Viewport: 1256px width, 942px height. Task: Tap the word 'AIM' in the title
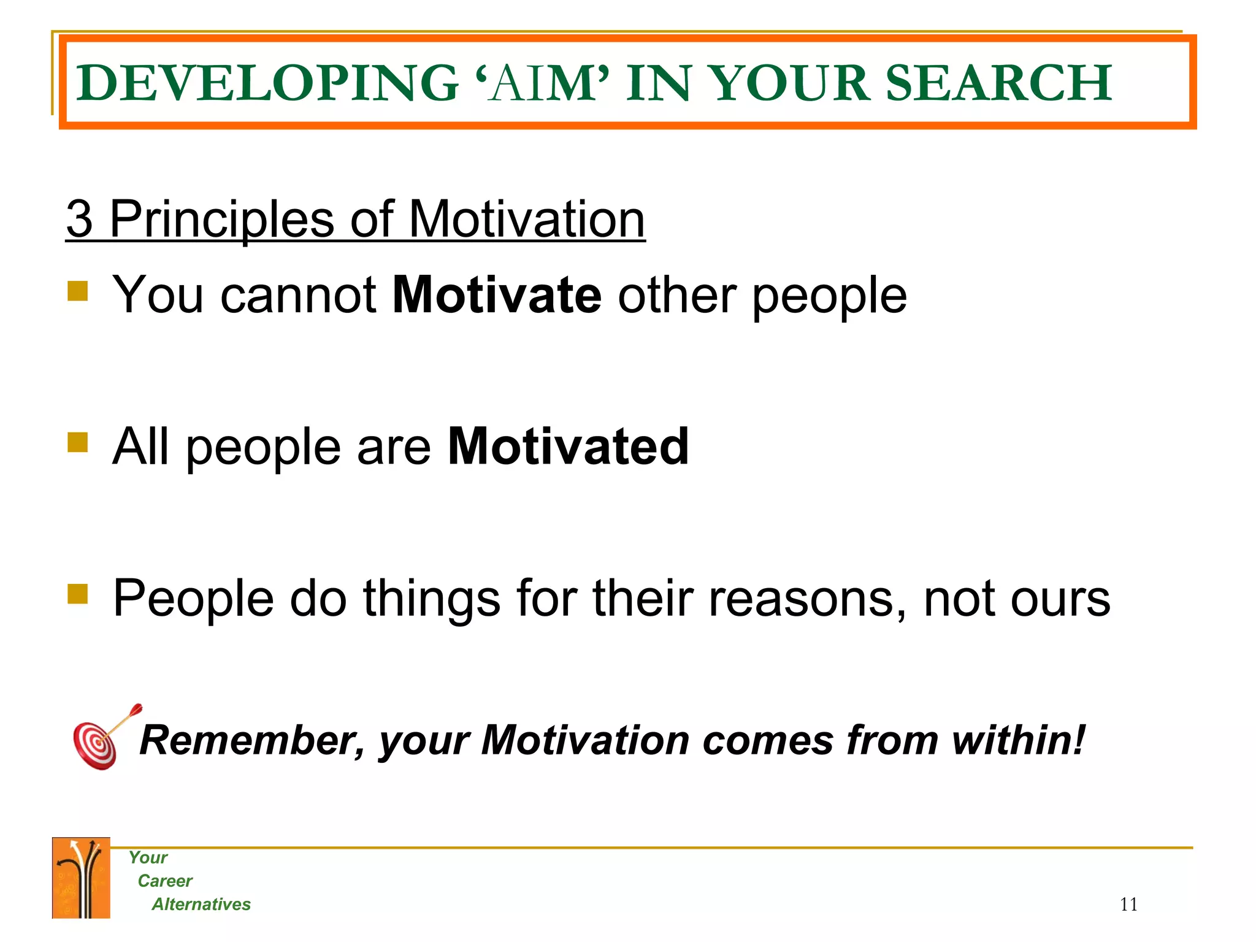[x=542, y=83]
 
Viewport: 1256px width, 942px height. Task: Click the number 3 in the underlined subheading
[x=80, y=219]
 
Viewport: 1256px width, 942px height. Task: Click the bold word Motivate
[x=497, y=295]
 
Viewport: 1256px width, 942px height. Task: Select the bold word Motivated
[x=568, y=446]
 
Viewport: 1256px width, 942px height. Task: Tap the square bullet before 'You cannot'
[x=78, y=291]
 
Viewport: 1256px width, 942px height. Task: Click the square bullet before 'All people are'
[x=78, y=442]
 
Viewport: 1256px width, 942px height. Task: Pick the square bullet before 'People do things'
[x=78, y=594]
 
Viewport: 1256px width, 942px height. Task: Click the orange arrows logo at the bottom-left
[x=81, y=878]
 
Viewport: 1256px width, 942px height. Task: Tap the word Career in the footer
[x=165, y=881]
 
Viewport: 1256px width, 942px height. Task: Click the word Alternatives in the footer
[x=201, y=905]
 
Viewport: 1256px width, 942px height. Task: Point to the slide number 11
[x=1128, y=905]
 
